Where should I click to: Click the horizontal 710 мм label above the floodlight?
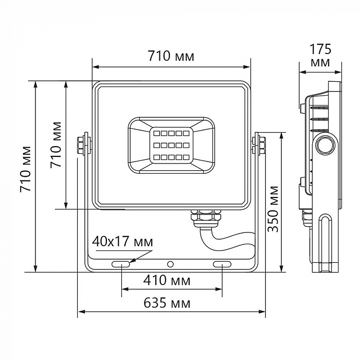(171, 57)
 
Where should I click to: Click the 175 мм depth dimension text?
(320, 56)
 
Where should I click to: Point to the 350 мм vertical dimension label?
(273, 209)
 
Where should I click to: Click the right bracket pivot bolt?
(260, 143)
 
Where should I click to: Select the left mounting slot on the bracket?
(121, 264)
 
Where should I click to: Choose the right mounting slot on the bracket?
(222, 264)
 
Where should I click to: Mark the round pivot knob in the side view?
(325, 146)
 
